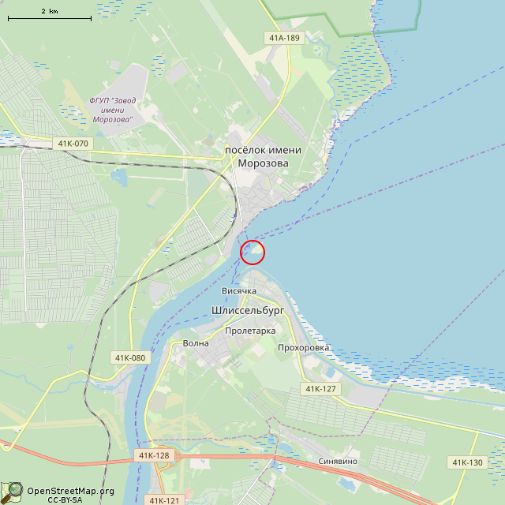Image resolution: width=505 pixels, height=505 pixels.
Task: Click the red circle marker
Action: pyautogui.click(x=252, y=252)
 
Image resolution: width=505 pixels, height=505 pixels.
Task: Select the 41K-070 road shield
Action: pyautogui.click(x=73, y=144)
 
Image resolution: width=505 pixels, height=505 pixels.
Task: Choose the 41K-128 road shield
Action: pyautogui.click(x=154, y=455)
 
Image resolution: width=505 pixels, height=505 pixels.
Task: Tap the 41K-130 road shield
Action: pyautogui.click(x=468, y=462)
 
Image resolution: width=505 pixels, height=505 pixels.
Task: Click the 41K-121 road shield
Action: pyautogui.click(x=164, y=500)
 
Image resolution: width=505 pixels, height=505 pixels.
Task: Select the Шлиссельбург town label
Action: pyautogui.click(x=248, y=311)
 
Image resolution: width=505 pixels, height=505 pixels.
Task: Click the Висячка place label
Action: pyautogui.click(x=239, y=291)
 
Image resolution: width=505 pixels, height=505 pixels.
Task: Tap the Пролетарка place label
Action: pyautogui.click(x=250, y=331)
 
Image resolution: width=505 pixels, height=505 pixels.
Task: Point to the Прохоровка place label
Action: pyautogui.click(x=304, y=348)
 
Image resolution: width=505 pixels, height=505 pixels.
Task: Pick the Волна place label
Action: pyautogui.click(x=196, y=343)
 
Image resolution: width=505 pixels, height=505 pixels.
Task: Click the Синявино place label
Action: pyautogui.click(x=338, y=462)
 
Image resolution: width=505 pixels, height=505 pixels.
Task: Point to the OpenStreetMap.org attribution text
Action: pyautogui.click(x=70, y=491)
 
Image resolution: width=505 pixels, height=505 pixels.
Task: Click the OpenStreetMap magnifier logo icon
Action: pyautogui.click(x=13, y=492)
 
